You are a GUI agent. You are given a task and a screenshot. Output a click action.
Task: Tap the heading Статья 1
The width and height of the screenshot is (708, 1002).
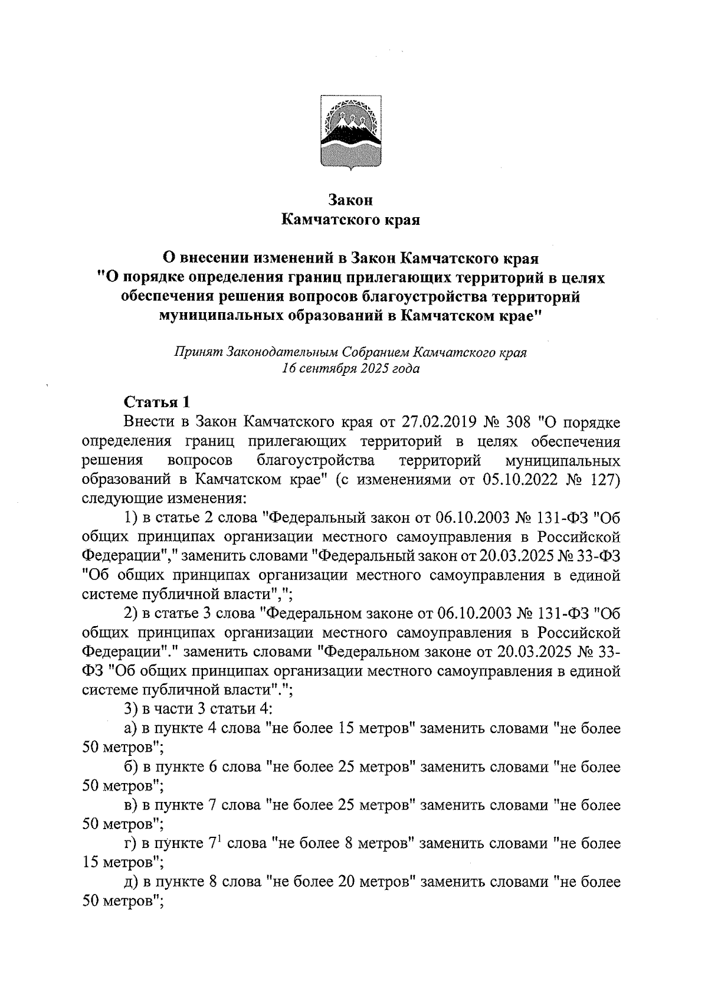157,402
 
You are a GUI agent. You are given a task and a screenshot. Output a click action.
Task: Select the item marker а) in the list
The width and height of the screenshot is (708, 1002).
130,729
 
